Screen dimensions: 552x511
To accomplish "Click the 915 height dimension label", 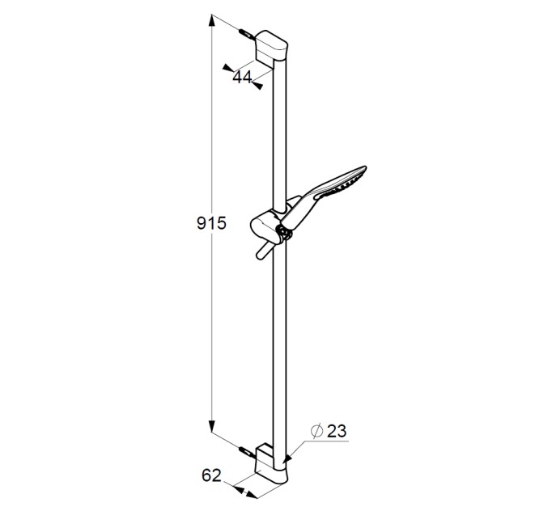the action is (x=211, y=223).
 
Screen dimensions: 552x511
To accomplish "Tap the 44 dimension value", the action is (x=242, y=77).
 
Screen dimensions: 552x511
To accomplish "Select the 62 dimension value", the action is (x=211, y=475).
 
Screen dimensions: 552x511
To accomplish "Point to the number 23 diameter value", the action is (x=337, y=431).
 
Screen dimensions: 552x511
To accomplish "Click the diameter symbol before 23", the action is (x=316, y=431).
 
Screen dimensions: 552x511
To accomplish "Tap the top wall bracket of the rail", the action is (x=271, y=48).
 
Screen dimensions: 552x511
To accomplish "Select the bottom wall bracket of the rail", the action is (x=271, y=464).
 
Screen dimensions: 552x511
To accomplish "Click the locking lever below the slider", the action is (x=263, y=251).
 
